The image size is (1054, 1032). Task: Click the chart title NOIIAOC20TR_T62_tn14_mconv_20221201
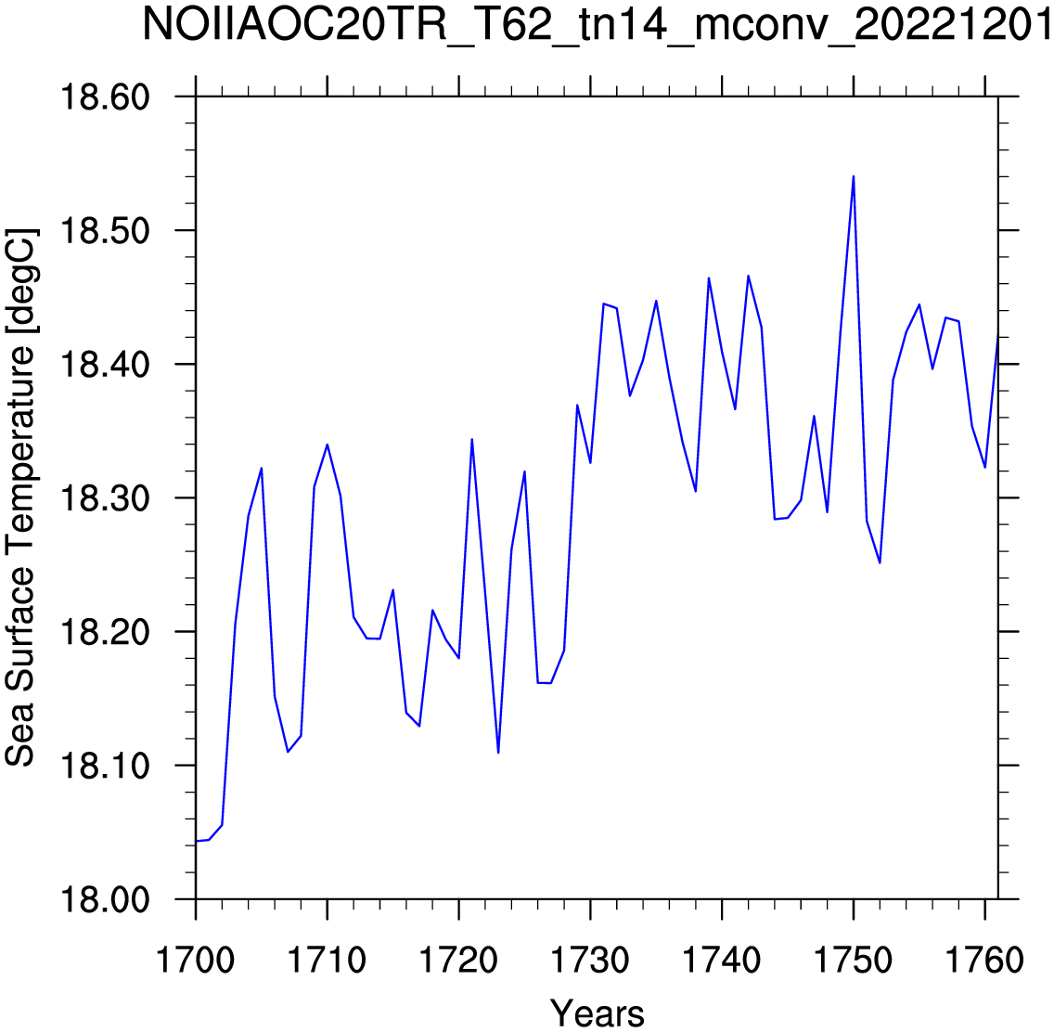pyautogui.click(x=598, y=25)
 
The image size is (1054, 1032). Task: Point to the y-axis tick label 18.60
pyautogui.click(x=106, y=97)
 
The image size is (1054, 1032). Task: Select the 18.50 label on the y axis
pyautogui.click(x=106, y=230)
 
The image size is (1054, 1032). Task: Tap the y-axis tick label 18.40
pyautogui.click(x=106, y=365)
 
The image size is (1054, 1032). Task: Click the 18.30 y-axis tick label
pyautogui.click(x=106, y=498)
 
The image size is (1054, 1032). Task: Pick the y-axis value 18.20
pyautogui.click(x=106, y=632)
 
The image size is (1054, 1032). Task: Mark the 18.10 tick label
pyautogui.click(x=106, y=766)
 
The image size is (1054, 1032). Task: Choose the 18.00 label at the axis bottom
pyautogui.click(x=106, y=899)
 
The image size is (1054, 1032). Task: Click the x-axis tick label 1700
pyautogui.click(x=196, y=960)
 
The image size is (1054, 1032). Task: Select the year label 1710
pyautogui.click(x=327, y=960)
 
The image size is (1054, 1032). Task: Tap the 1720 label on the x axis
pyautogui.click(x=458, y=960)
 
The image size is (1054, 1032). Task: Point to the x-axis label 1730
pyautogui.click(x=590, y=960)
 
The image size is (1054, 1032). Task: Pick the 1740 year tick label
pyautogui.click(x=721, y=960)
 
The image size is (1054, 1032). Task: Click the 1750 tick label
pyautogui.click(x=853, y=960)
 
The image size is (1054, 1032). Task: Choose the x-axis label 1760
pyautogui.click(x=984, y=960)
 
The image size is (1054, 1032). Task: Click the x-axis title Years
pyautogui.click(x=597, y=1013)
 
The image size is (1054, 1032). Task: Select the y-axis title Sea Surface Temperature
pyautogui.click(x=20, y=498)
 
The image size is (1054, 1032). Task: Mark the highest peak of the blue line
pyautogui.click(x=854, y=176)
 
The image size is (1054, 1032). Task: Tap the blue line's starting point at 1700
pyautogui.click(x=197, y=841)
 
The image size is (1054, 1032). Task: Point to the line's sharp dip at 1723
pyautogui.click(x=498, y=753)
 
